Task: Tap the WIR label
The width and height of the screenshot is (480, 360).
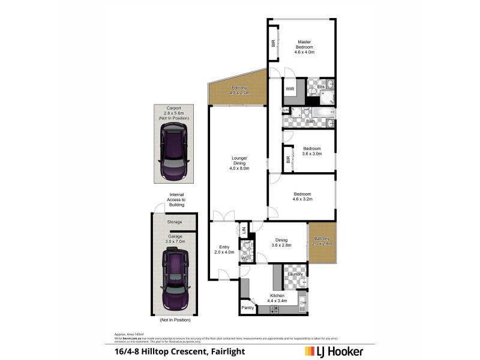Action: [289, 89]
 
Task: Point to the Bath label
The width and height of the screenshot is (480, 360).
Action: [310, 121]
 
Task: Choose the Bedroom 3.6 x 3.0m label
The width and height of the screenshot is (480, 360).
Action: [311, 151]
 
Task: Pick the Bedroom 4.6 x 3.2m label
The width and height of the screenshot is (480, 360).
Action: [302, 196]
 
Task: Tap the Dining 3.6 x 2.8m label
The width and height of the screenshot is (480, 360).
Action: [281, 242]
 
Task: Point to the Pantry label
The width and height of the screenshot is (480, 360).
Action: [248, 308]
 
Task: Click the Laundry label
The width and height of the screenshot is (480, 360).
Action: [293, 274]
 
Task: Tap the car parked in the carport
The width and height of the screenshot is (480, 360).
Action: [173, 156]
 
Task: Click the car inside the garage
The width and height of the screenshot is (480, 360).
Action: [175, 278]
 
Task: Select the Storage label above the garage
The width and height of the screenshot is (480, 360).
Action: [175, 222]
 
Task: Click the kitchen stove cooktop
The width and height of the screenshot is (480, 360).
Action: [274, 309]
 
